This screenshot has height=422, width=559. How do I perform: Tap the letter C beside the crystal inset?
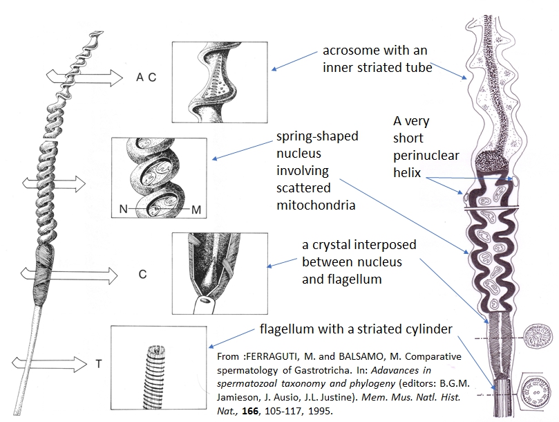pos(142,274)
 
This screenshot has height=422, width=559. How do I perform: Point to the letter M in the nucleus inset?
pos(196,208)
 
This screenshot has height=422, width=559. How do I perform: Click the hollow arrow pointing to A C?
pos(99,77)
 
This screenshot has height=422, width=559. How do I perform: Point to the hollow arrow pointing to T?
pos(41,362)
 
